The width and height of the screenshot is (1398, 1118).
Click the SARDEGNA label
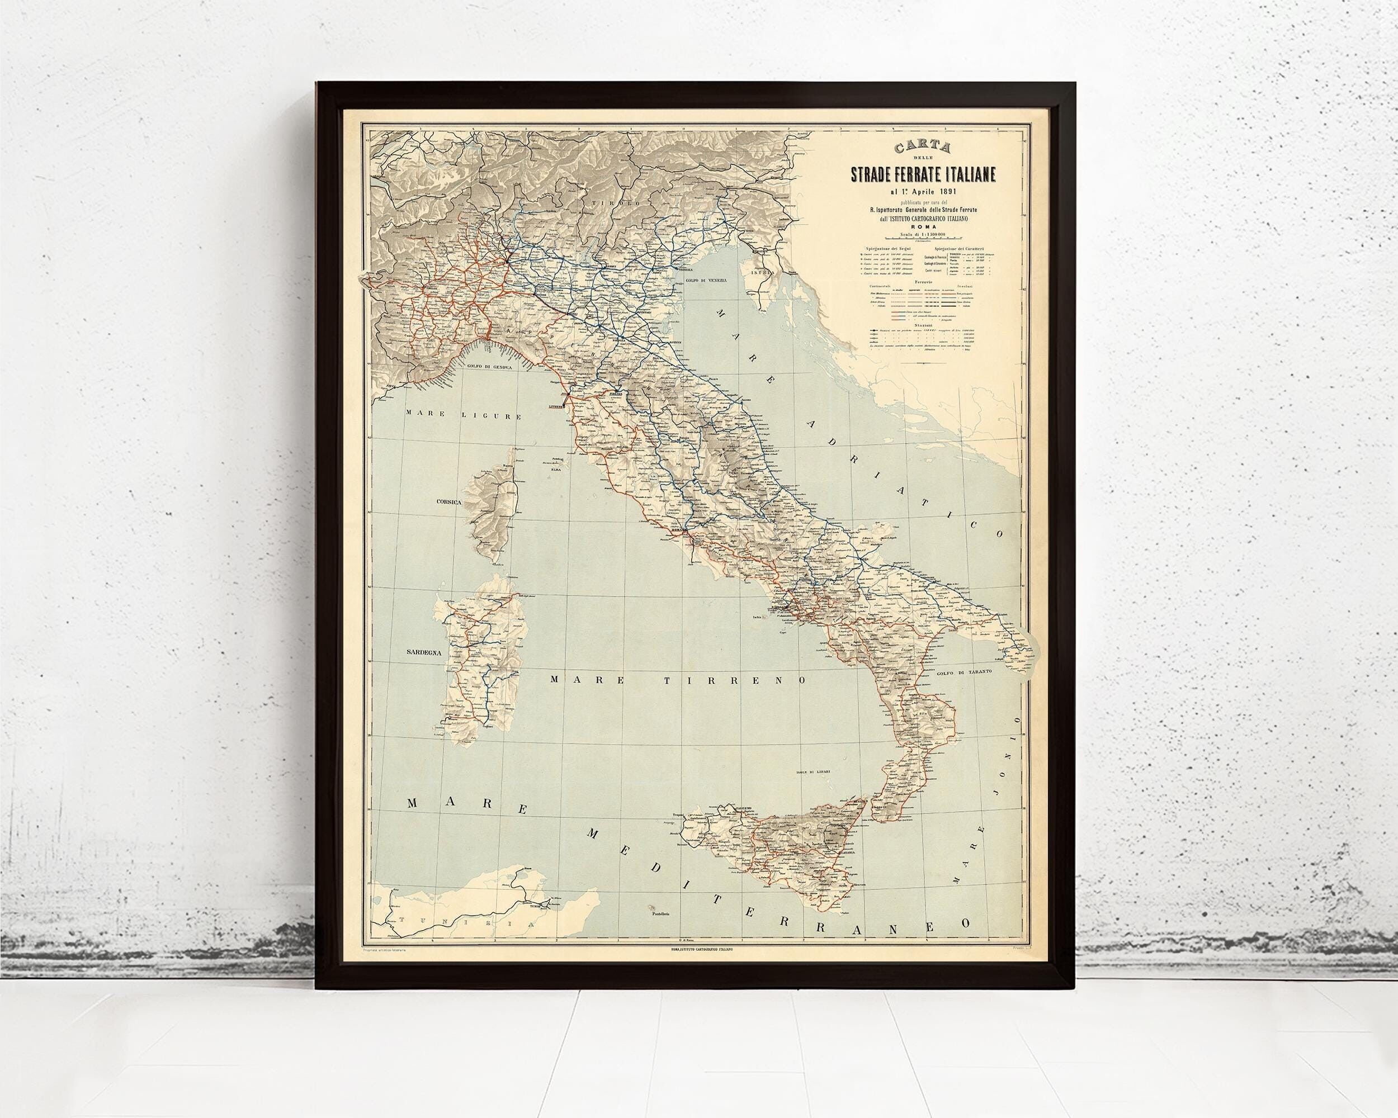click(x=423, y=653)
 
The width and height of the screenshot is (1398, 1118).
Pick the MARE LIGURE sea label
click(x=463, y=415)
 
